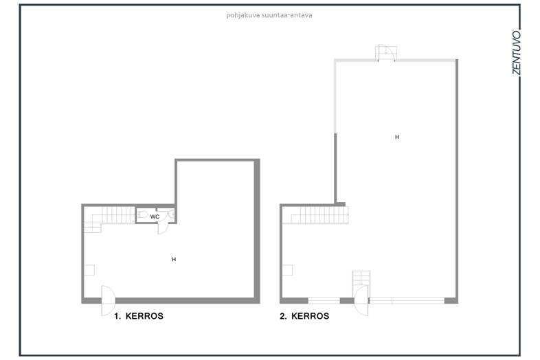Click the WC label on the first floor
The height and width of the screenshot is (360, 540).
click(155, 216)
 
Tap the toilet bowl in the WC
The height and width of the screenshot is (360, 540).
click(142, 214)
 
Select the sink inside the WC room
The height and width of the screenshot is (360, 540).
click(171, 214)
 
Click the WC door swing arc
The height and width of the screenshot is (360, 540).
click(164, 228)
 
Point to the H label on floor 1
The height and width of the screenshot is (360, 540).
click(174, 259)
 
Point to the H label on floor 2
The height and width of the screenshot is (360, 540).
click(397, 137)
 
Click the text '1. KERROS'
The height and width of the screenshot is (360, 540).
click(139, 316)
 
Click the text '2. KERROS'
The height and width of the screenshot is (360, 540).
click(304, 316)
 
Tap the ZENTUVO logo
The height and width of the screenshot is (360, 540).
click(516, 52)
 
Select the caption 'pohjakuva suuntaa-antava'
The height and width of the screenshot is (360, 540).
click(269, 15)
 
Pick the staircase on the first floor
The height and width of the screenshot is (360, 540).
click(109, 218)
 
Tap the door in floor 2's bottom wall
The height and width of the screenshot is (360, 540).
click(361, 300)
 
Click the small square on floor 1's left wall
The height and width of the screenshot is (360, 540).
click(89, 270)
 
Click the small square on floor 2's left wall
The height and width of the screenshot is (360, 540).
click(288, 270)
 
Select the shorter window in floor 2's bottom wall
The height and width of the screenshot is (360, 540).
click(324, 301)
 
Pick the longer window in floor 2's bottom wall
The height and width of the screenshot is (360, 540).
click(407, 301)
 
